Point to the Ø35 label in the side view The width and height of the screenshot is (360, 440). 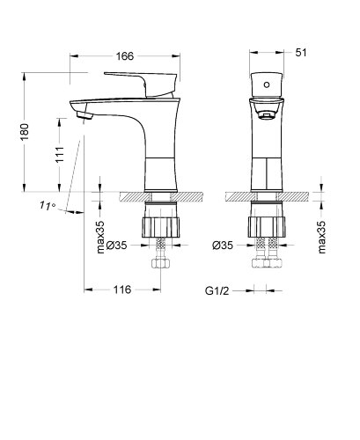point(124,246)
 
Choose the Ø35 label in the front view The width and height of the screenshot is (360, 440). point(223,246)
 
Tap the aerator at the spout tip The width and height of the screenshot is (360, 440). point(84,113)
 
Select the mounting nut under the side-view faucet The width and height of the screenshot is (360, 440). point(160,221)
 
